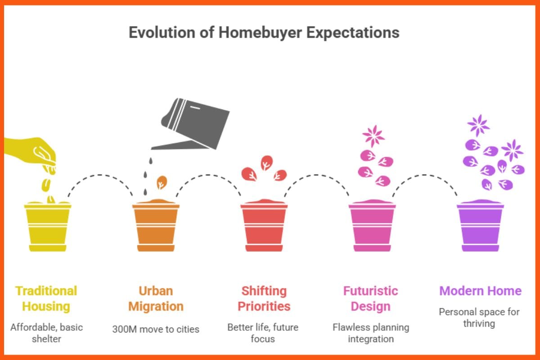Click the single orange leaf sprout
[x=162, y=182]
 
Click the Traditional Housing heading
[x=46, y=298]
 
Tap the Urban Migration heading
[x=156, y=298]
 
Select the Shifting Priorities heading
[x=264, y=298]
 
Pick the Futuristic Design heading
[x=370, y=298]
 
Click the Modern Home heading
[x=480, y=291]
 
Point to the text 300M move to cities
[x=156, y=329]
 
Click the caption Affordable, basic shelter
[x=46, y=333]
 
